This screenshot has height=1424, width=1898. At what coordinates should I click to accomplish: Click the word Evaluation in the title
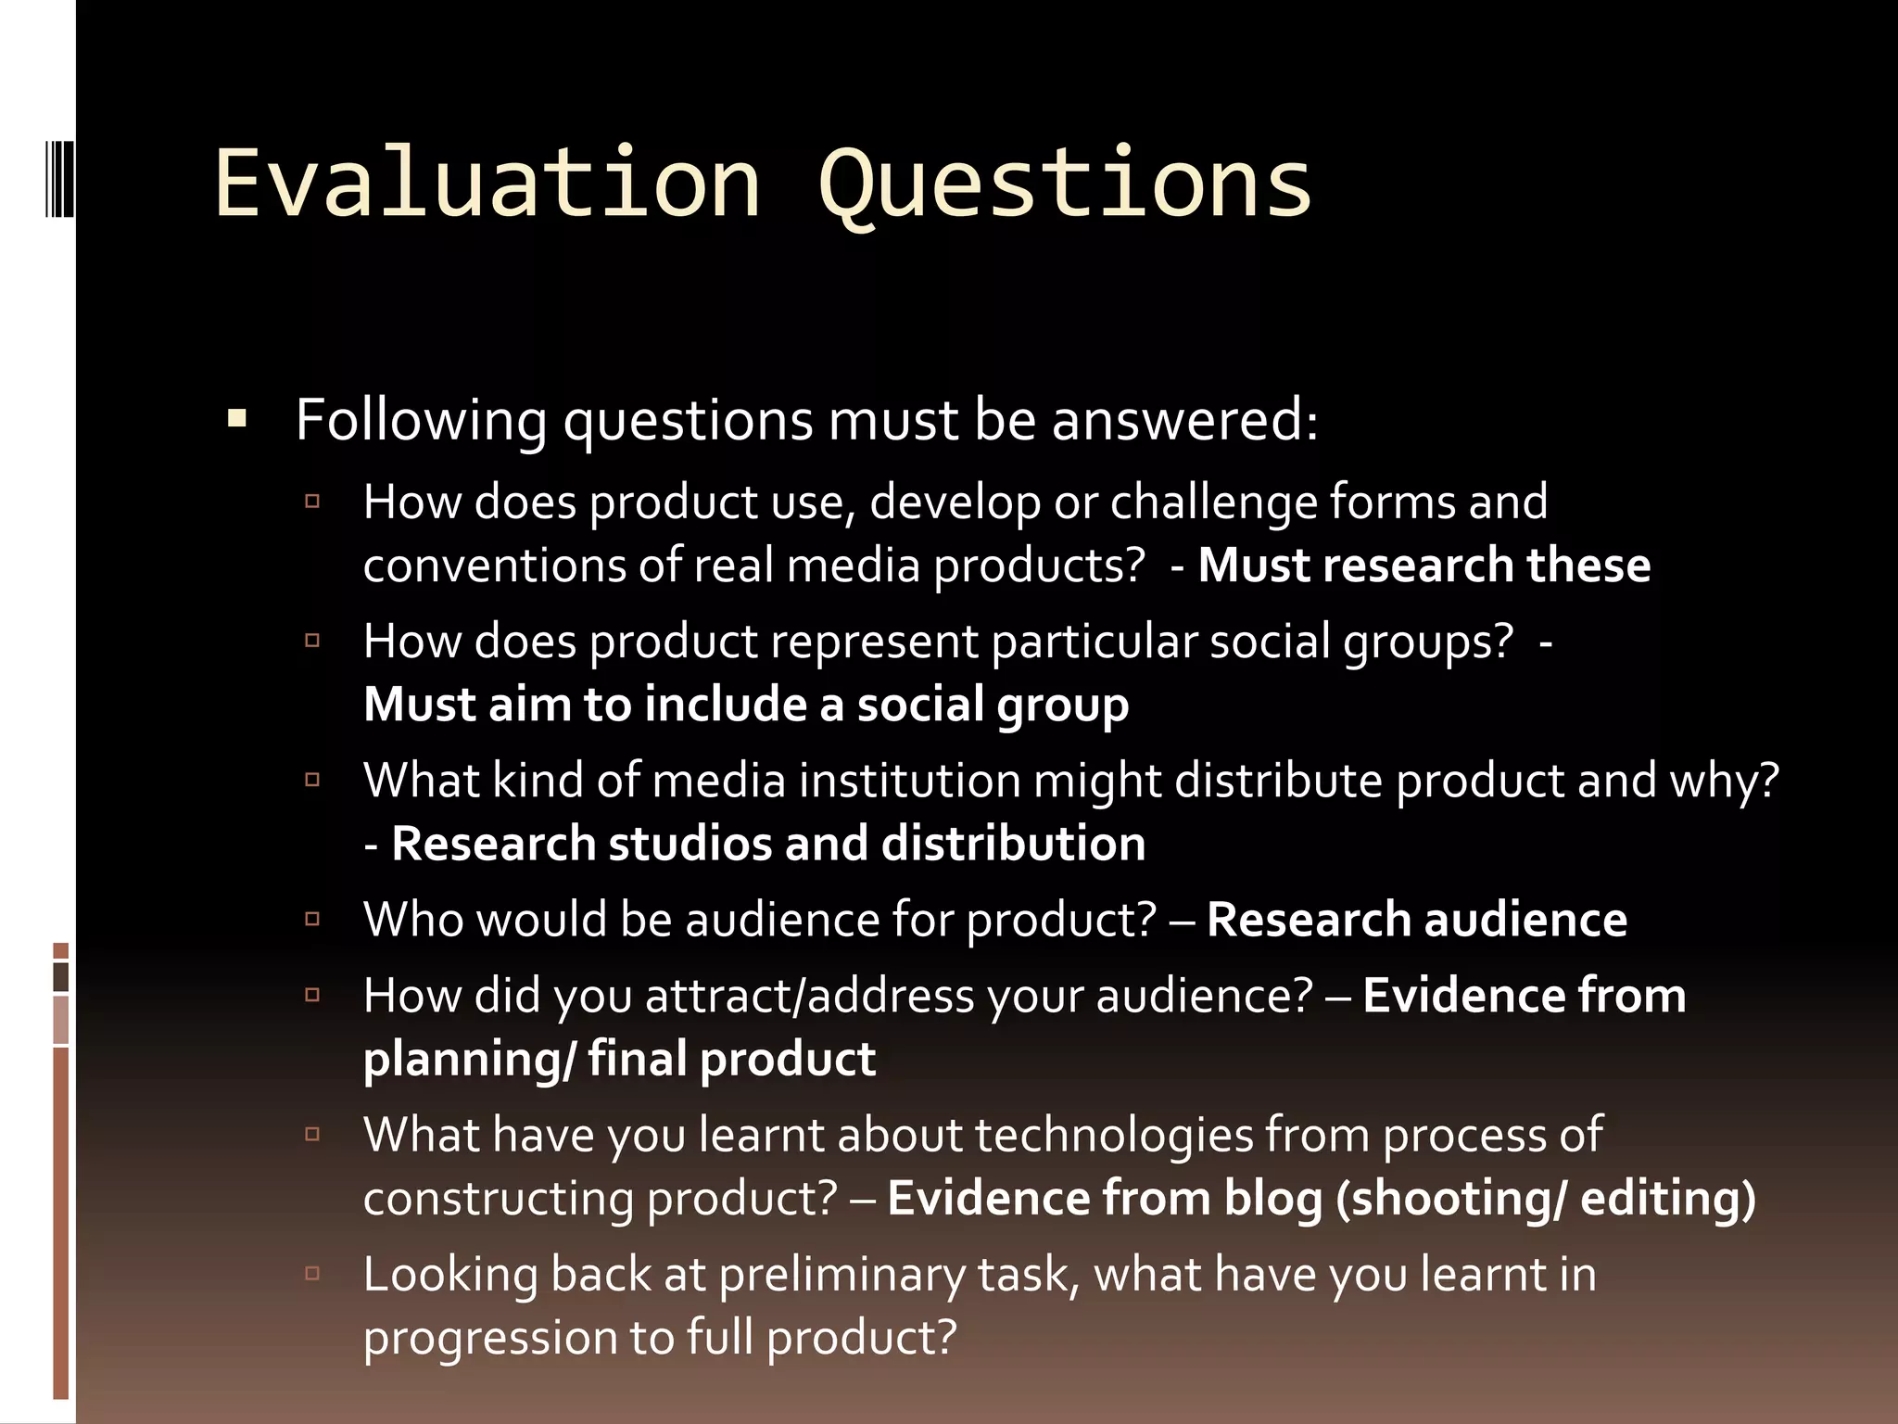tap(487, 184)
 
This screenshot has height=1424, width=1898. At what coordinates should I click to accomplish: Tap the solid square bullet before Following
tap(237, 419)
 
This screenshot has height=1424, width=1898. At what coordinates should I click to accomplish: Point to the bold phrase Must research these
tap(1423, 566)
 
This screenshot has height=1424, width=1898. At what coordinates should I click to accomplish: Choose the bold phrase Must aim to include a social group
tap(746, 705)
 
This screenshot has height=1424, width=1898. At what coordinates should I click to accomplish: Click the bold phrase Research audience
tap(1416, 920)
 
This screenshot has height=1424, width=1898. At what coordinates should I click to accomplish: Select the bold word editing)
tap(1667, 1198)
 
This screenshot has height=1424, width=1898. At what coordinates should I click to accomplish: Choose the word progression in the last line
tap(489, 1338)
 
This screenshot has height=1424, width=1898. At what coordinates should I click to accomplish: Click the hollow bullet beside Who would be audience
tap(312, 920)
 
